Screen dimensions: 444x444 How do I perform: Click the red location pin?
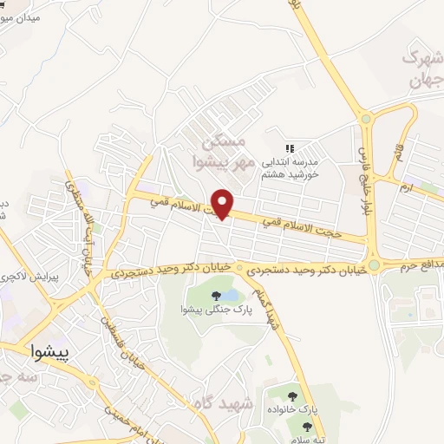pyautogui.click(x=224, y=203)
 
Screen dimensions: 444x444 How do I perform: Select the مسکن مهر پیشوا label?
pyautogui.click(x=224, y=152)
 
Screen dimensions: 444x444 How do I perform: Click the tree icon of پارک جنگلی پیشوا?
pyautogui.click(x=216, y=296)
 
